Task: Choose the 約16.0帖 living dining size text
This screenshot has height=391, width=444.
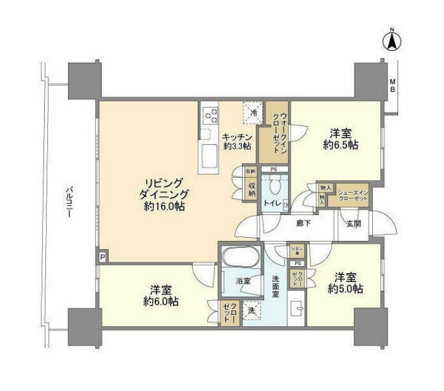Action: (x=163, y=207)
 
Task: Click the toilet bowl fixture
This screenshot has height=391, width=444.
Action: (x=272, y=187)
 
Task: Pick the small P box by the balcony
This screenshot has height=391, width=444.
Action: (x=102, y=257)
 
